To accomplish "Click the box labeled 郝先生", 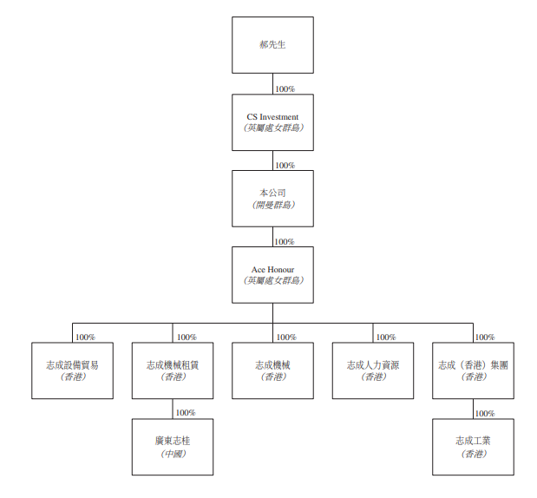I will (x=272, y=44).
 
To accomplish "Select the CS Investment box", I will (x=272, y=121).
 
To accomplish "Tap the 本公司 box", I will (x=272, y=198).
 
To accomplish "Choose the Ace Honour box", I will (x=272, y=274).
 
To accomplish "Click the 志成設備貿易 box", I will (x=73, y=370).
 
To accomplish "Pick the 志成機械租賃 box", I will (x=173, y=370).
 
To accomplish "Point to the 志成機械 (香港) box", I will (x=272, y=370).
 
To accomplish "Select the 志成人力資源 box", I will (x=373, y=370).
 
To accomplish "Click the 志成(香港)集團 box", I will (x=473, y=370).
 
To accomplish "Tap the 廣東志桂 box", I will (x=173, y=447).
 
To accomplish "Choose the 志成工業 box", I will (x=473, y=447).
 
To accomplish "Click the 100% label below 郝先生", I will (x=285, y=88).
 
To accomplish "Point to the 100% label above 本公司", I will (x=285, y=165).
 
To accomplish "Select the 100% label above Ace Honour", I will (x=284, y=241).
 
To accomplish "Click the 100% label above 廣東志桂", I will (x=186, y=413).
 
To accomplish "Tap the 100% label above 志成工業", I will (x=485, y=413).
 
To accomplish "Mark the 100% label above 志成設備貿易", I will (x=85, y=337).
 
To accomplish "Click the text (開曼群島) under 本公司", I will (x=272, y=205).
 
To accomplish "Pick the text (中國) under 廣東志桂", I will (x=173, y=454).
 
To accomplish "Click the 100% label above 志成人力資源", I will (x=385, y=337).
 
